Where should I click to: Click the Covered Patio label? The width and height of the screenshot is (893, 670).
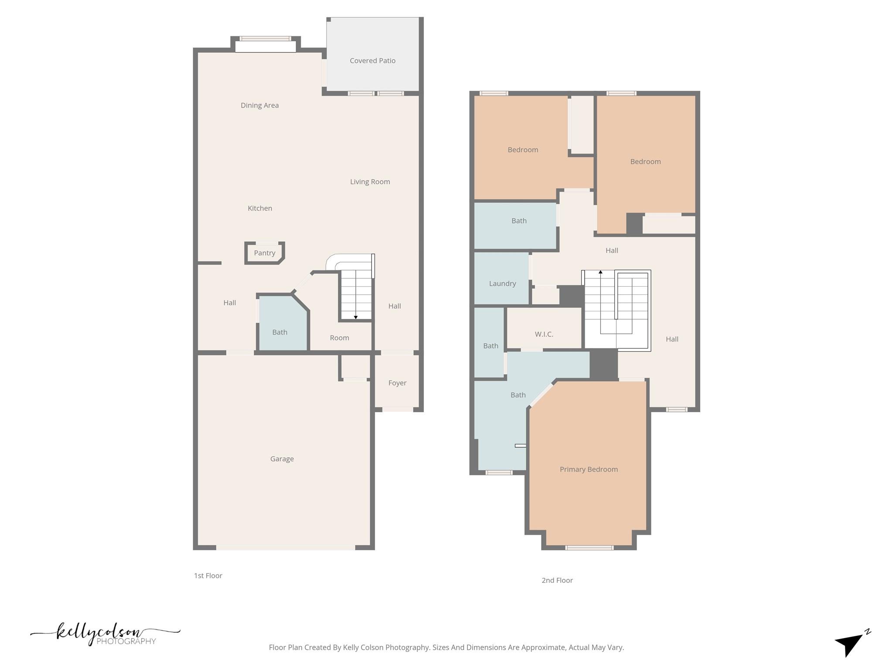[x=372, y=61]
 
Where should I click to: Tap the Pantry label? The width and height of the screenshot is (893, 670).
[x=265, y=253]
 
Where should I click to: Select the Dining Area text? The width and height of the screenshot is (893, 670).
[x=259, y=105]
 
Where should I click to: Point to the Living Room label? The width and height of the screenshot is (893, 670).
[x=370, y=181]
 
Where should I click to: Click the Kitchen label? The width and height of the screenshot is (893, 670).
[x=260, y=208]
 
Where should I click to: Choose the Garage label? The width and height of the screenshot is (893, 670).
[x=282, y=458]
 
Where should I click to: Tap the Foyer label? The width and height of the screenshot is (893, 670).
[x=397, y=383]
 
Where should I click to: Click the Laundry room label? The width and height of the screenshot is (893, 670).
[x=502, y=284]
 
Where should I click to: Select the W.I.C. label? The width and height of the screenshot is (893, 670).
[x=544, y=334]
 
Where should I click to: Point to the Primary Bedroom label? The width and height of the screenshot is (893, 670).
[x=589, y=469]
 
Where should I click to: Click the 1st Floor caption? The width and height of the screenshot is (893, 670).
[x=208, y=575]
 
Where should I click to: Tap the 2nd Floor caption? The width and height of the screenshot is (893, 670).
[x=557, y=580]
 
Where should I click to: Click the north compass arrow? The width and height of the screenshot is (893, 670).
[x=850, y=643]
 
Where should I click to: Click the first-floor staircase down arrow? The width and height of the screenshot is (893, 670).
[x=356, y=317]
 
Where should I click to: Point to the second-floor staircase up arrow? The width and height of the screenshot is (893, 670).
[x=600, y=272]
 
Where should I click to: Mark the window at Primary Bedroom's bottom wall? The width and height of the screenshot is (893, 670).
[x=589, y=547]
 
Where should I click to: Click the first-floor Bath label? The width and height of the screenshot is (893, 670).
[x=279, y=332]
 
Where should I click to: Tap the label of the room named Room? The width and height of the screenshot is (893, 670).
[x=339, y=338]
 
